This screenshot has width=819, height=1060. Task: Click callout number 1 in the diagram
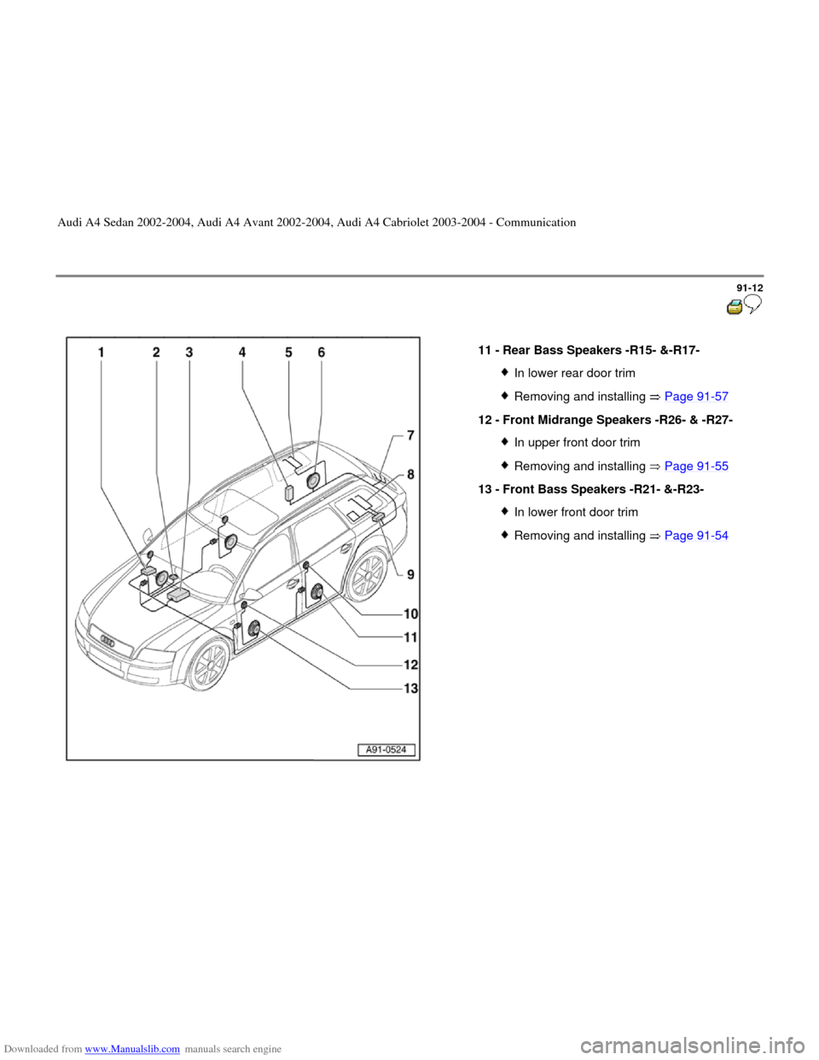(x=102, y=352)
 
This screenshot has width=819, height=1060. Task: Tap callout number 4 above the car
(x=242, y=352)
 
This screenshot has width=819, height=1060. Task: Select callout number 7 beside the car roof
(x=410, y=435)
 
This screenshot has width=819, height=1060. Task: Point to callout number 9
(x=410, y=575)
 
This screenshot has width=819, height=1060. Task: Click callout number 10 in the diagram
(x=411, y=614)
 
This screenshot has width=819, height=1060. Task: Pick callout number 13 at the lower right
(x=411, y=688)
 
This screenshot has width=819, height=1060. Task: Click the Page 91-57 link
(x=696, y=397)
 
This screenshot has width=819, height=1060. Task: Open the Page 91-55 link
(x=696, y=466)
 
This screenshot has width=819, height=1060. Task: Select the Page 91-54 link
(x=696, y=536)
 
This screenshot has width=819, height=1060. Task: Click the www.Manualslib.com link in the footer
(x=132, y=1049)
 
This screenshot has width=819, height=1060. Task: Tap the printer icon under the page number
(x=735, y=307)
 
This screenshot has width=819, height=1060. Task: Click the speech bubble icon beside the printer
(x=753, y=304)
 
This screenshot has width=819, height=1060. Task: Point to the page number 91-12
(x=750, y=288)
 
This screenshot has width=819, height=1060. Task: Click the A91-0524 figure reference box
(x=386, y=749)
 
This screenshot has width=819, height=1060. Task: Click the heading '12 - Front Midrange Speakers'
(x=606, y=420)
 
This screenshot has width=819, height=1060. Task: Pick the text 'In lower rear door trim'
(x=575, y=373)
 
